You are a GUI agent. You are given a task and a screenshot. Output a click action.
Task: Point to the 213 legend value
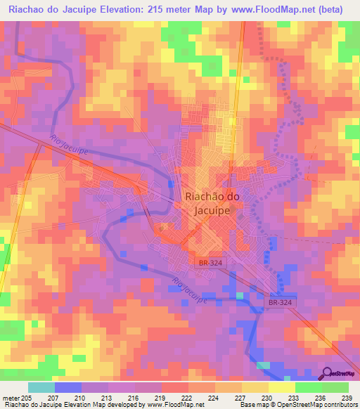[x=108, y=398]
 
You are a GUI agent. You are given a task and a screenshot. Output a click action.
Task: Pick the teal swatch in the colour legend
[x=41, y=387]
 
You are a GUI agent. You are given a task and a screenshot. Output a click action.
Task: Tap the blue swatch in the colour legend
[x=67, y=387]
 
